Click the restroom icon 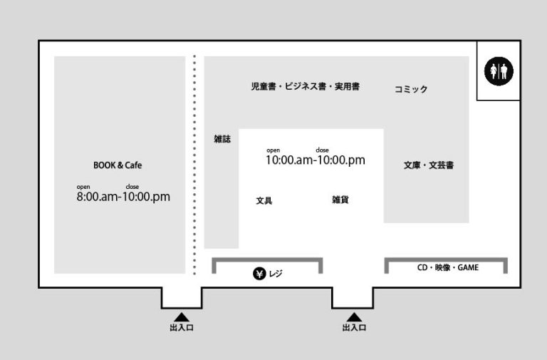click(499, 71)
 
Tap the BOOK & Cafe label click(118, 165)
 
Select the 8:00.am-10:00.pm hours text click(123, 197)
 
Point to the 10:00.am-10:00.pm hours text click(316, 160)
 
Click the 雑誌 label click(222, 139)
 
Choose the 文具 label click(264, 200)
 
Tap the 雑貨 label click(340, 200)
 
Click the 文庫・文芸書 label click(429, 165)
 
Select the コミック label click(411, 89)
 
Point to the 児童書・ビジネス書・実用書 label click(306, 86)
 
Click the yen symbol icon click(259, 274)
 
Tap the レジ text click(276, 274)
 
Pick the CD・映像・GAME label click(448, 267)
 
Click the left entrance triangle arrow click(182, 317)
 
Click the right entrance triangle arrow click(354, 317)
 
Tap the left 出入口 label click(182, 327)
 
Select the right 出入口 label click(354, 327)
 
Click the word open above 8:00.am click(83, 187)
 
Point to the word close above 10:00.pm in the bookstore click(323, 150)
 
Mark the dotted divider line click(194, 165)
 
